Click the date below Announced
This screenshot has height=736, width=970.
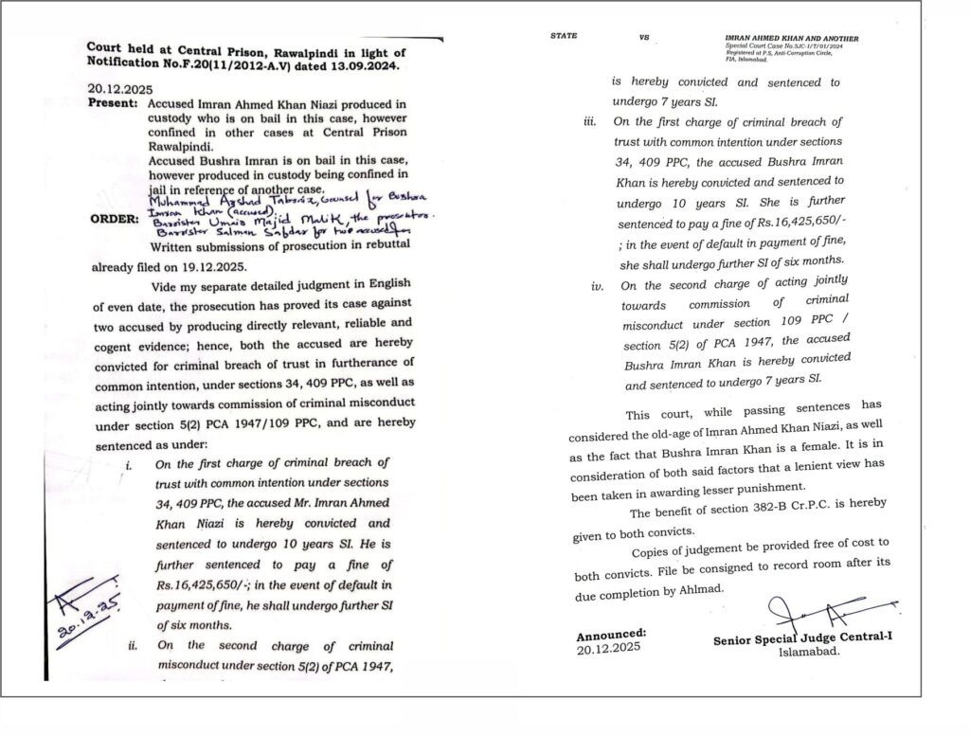608,647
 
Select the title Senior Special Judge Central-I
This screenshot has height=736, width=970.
801,639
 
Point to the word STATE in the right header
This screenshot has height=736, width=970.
564,37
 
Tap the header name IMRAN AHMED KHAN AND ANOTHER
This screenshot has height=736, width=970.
791,38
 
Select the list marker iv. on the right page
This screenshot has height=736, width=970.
596,285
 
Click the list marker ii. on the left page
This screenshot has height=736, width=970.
133,646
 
